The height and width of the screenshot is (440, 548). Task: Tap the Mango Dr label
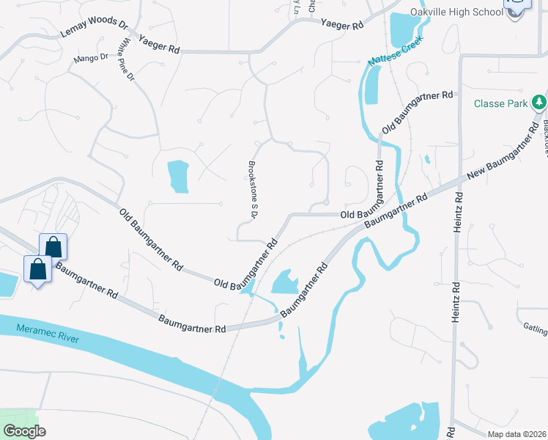coord(90,57)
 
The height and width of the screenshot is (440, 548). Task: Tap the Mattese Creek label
coord(396,58)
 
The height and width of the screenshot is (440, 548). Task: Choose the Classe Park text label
coord(500,103)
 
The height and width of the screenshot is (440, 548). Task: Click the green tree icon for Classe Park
coord(539,102)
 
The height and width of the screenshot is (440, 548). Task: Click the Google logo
coord(23,431)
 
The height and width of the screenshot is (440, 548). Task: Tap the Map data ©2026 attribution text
coord(516,434)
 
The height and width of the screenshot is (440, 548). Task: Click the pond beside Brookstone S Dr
coord(178,175)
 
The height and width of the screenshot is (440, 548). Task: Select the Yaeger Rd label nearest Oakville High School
coord(341,24)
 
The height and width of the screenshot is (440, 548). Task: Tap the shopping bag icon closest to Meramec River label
coord(38,270)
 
